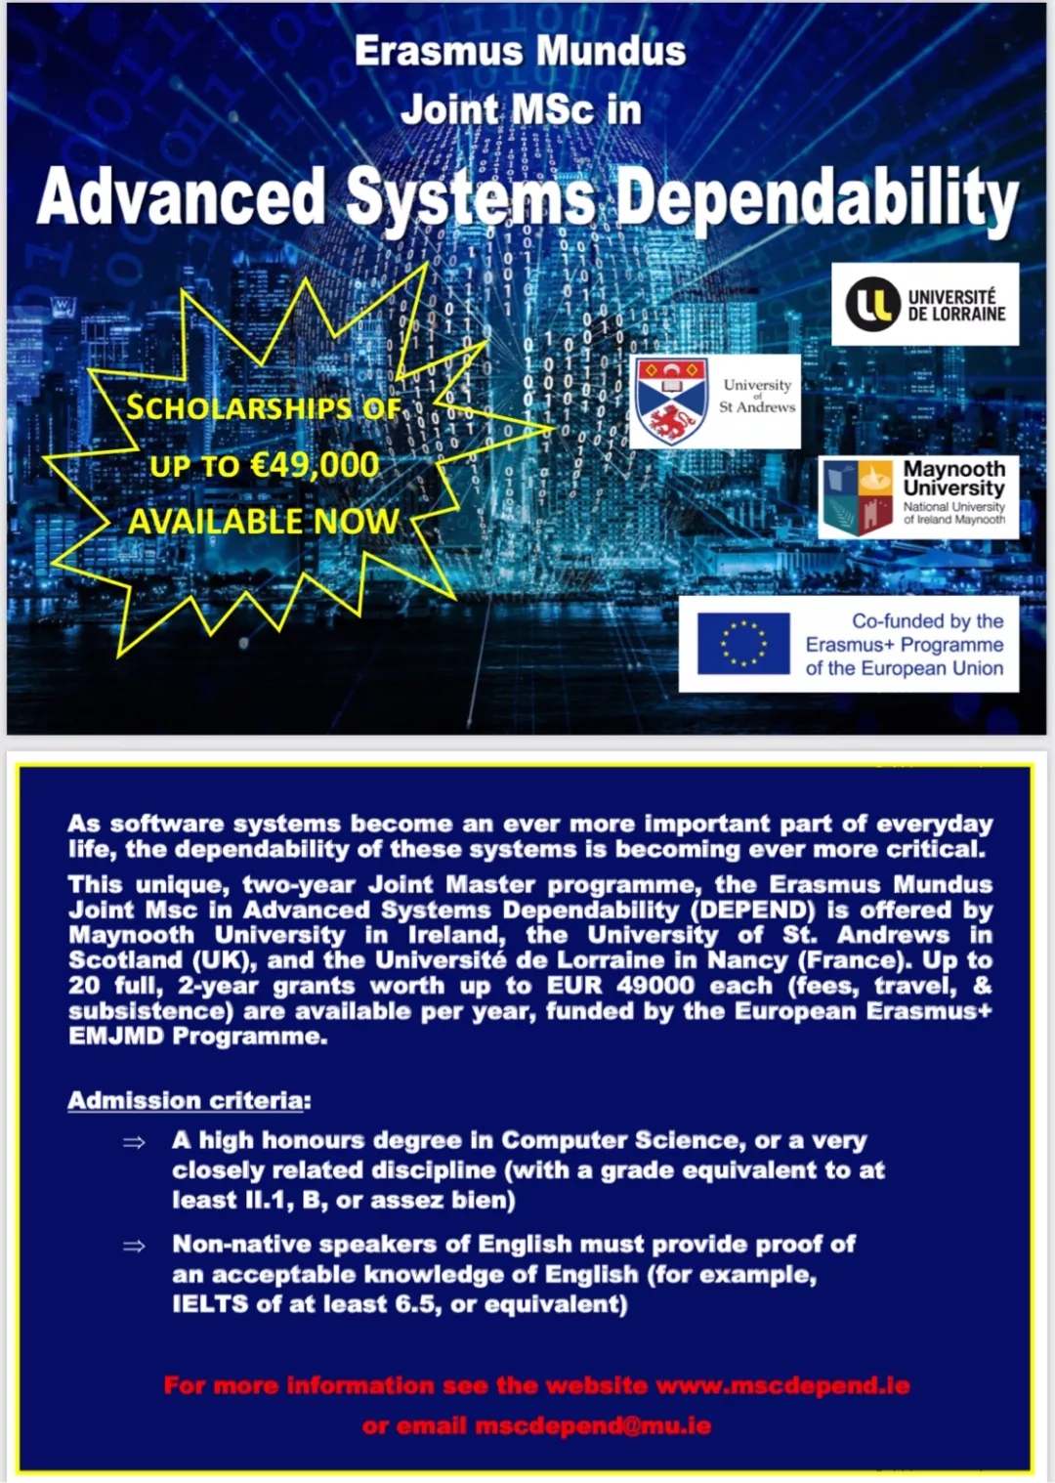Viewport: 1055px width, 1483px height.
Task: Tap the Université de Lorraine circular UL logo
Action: (x=871, y=304)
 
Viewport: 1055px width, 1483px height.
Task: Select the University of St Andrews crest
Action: (x=671, y=402)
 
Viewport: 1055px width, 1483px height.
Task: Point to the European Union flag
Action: (x=743, y=644)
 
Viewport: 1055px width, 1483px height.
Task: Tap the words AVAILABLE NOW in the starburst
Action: (x=264, y=522)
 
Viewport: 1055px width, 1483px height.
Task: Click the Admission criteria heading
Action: (x=189, y=1101)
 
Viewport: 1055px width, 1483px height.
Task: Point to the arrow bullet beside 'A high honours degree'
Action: (x=134, y=1142)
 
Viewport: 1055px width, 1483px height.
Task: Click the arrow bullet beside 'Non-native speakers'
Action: (x=134, y=1246)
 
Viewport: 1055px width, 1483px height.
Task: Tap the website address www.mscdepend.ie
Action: (x=782, y=1385)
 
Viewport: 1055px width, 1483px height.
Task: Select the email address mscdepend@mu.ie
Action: (x=593, y=1426)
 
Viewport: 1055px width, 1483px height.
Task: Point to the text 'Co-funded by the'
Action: (x=927, y=621)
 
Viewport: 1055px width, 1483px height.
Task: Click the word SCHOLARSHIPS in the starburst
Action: (x=238, y=407)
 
